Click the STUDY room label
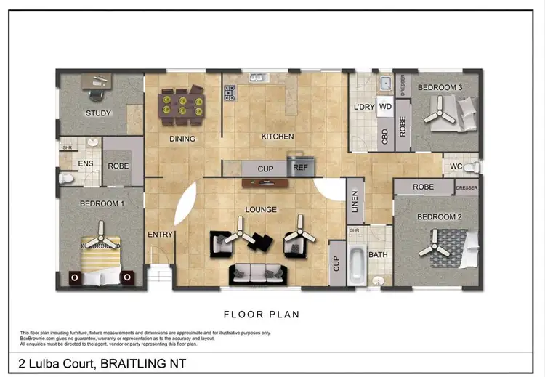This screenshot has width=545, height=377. [97, 113]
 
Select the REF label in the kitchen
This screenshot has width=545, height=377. [299, 168]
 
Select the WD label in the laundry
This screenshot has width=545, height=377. [386, 107]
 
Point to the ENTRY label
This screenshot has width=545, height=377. [159, 234]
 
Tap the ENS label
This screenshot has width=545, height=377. [84, 164]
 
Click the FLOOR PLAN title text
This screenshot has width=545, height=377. [262, 315]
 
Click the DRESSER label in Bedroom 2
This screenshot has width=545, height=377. [467, 187]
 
